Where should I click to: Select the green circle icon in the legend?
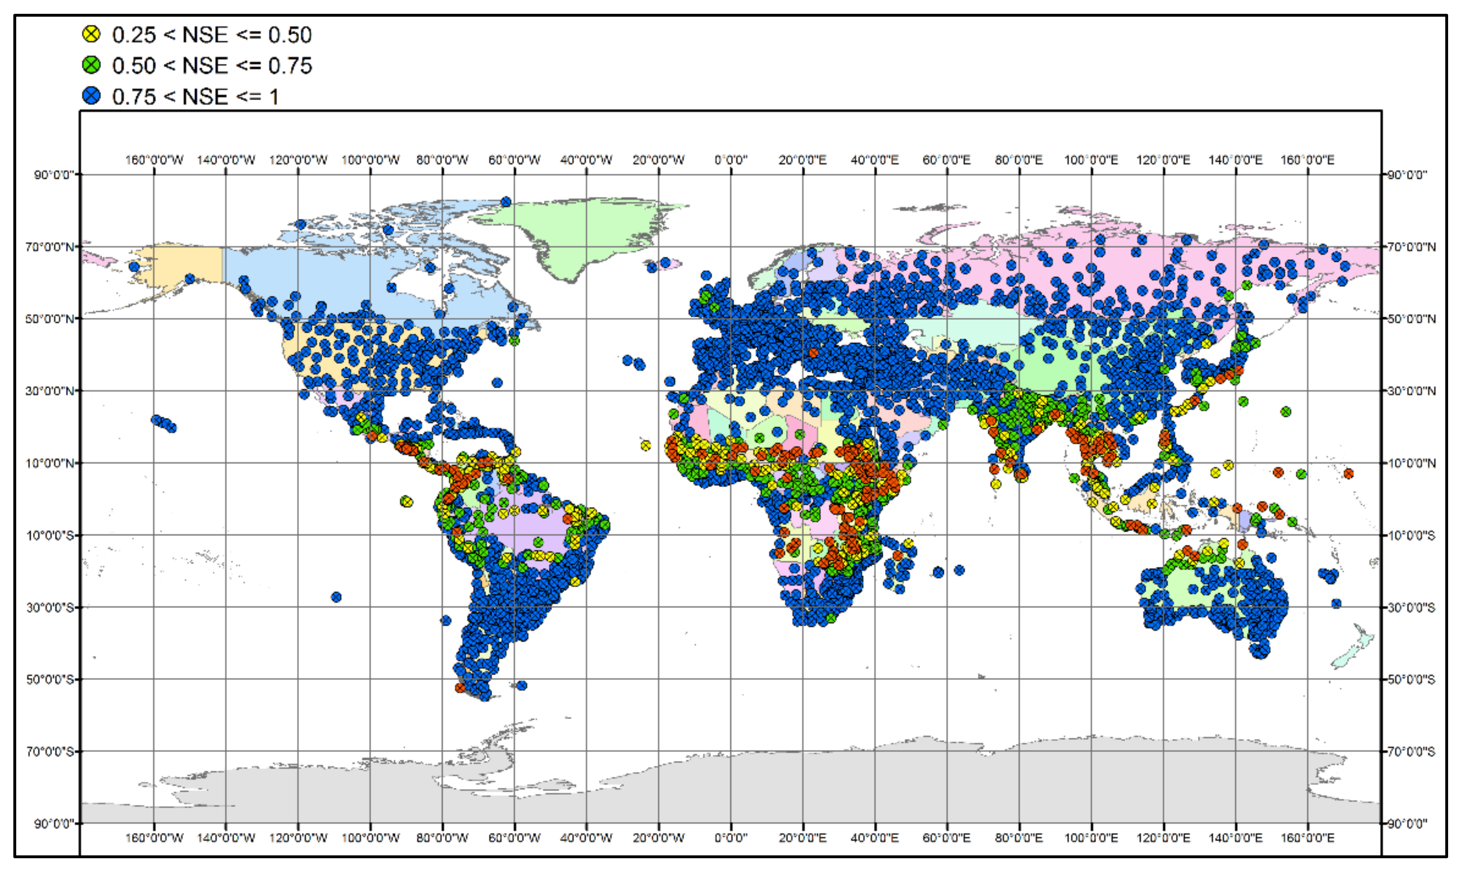click(x=91, y=65)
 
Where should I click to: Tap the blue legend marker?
click(x=91, y=96)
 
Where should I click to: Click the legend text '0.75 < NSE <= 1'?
click(x=195, y=96)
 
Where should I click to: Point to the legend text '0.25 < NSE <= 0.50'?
click(x=212, y=35)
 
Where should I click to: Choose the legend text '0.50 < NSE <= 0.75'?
click(x=212, y=65)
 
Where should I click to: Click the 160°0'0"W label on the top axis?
click(x=154, y=160)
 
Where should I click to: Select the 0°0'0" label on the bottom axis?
click(x=730, y=837)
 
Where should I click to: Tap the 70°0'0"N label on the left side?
click(x=50, y=246)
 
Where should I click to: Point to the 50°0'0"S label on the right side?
click(x=1411, y=680)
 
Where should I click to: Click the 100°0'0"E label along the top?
click(x=1091, y=160)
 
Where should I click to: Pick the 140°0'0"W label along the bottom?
click(x=226, y=837)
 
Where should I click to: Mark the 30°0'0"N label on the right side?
click(x=1411, y=391)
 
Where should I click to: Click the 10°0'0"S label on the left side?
click(x=50, y=535)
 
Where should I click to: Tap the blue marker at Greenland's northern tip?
click(x=505, y=202)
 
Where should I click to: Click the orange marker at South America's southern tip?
click(x=460, y=687)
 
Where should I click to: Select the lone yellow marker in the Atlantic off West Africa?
click(x=646, y=446)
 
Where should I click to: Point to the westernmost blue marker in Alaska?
click(x=134, y=266)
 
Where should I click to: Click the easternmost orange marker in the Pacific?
click(x=1348, y=473)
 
